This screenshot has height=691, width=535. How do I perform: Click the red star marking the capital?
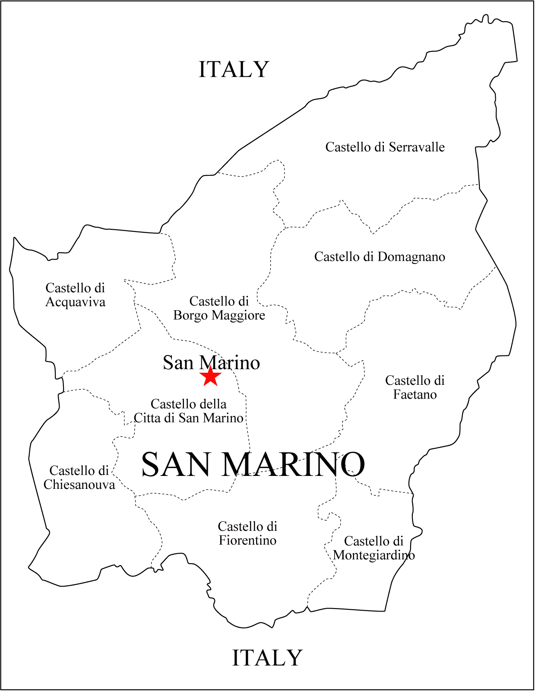(210, 377)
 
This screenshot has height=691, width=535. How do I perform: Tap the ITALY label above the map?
(234, 70)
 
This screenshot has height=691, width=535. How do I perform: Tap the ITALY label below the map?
(267, 658)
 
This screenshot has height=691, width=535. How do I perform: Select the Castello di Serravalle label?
(385, 147)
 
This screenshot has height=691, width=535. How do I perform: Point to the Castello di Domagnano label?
(380, 257)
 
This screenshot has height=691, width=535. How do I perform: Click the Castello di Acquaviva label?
(75, 295)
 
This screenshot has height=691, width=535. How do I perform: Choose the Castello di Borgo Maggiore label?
(219, 308)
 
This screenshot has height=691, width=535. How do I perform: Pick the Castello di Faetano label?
(415, 387)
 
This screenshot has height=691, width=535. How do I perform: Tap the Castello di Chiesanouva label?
(79, 478)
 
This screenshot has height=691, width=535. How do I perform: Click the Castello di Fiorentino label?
(247, 533)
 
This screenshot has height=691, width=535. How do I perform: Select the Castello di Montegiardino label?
(374, 548)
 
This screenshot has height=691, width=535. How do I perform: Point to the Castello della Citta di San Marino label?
(189, 411)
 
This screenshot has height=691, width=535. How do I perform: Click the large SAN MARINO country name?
(253, 465)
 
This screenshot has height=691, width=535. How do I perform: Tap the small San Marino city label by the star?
(211, 363)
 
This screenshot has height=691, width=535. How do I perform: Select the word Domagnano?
(411, 257)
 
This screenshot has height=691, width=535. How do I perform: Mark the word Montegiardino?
(374, 555)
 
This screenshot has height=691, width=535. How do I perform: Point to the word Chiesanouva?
(79, 485)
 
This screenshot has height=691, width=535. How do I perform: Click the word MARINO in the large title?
(293, 465)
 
